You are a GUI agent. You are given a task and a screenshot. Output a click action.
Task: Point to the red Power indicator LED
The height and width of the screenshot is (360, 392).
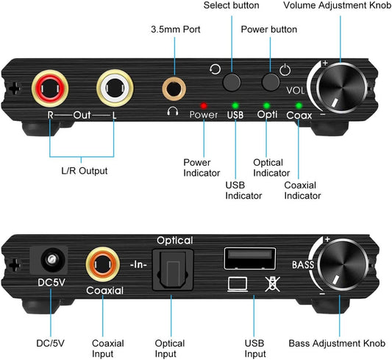click(203, 105)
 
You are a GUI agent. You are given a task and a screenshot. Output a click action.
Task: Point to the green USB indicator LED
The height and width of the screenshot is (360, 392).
click(235, 105)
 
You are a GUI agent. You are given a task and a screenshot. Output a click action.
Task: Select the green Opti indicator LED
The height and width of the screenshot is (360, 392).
click(266, 105)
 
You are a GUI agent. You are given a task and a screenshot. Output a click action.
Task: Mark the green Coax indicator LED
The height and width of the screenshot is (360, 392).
click(299, 105)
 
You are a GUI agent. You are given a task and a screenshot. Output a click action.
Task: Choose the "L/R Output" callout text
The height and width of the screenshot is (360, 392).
click(84, 170)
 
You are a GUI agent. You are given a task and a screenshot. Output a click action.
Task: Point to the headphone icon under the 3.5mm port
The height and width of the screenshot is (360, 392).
click(173, 113)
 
